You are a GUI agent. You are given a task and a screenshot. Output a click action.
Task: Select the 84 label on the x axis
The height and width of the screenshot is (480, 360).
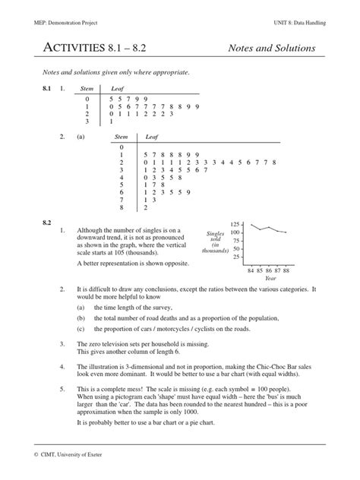point(250,270)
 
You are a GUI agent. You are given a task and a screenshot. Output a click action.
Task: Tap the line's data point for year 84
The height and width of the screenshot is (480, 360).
point(250,225)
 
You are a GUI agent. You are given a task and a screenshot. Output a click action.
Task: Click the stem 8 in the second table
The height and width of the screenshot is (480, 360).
point(120,207)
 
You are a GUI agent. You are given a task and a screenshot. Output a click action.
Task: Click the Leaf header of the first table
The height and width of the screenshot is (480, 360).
point(118,90)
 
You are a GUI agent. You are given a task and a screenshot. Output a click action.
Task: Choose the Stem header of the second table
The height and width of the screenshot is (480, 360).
point(121,137)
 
